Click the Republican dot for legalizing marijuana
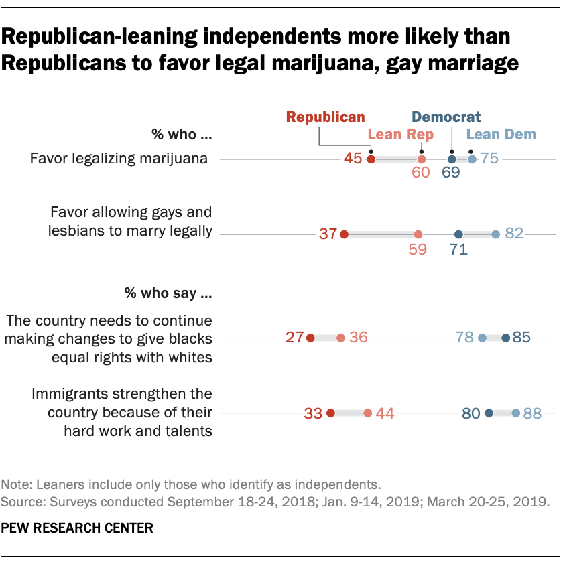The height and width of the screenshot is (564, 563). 371,159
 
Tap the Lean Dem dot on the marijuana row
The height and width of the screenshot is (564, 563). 472,159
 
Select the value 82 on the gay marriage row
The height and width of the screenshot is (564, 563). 514,234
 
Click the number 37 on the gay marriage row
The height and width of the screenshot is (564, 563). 327,234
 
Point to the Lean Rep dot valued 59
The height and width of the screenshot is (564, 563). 418,234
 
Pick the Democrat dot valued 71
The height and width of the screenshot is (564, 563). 458,234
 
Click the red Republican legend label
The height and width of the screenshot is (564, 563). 325,117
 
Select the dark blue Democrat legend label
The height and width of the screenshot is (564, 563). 446,117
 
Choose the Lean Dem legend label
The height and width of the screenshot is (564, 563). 501,135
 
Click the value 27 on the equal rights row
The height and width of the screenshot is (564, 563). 295,338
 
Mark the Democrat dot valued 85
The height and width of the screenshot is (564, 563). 505,338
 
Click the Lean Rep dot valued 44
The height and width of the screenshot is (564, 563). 367,413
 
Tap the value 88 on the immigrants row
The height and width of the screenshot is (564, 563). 532,413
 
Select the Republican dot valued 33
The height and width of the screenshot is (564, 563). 330,413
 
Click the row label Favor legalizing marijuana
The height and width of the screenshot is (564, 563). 121,159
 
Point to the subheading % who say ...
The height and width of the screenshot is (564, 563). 168,293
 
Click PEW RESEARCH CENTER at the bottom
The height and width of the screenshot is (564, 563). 77,528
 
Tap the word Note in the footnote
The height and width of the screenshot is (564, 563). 15,484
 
